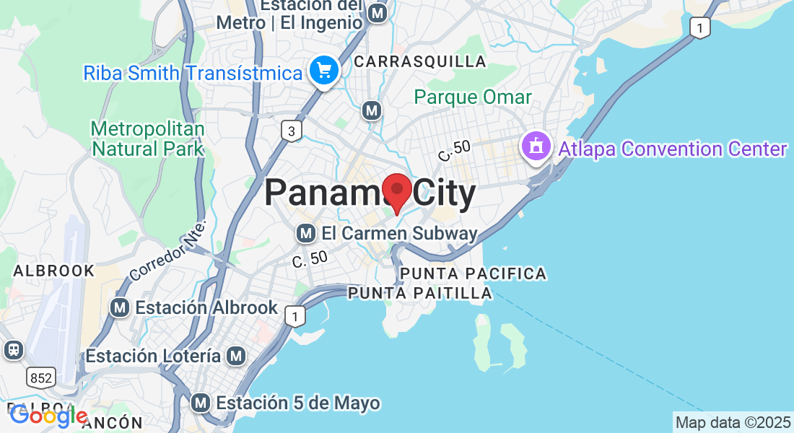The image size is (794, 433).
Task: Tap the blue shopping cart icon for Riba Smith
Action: click(x=325, y=71)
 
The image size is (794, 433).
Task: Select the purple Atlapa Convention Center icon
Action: click(x=536, y=147)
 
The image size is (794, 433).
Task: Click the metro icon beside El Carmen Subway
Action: click(x=307, y=234)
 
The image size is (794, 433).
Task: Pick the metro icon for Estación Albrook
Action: click(x=120, y=307)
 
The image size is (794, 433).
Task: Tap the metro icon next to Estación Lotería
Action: click(x=235, y=356)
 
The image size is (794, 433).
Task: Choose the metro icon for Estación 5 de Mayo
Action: click(x=201, y=402)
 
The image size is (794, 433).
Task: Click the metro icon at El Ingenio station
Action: click(x=377, y=12)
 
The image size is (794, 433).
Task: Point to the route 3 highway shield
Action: click(x=291, y=131)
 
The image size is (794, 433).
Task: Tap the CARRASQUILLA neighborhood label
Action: click(x=420, y=62)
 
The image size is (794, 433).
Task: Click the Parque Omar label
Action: click(x=473, y=97)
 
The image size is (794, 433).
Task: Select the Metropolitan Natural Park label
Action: click(x=148, y=139)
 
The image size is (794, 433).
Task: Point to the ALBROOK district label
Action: click(x=54, y=271)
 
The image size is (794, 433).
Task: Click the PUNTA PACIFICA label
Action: click(x=473, y=274)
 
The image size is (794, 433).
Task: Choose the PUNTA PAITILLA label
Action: click(x=420, y=293)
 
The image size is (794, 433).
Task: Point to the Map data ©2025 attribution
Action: click(x=733, y=423)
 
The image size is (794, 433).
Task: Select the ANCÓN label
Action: click(x=112, y=423)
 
